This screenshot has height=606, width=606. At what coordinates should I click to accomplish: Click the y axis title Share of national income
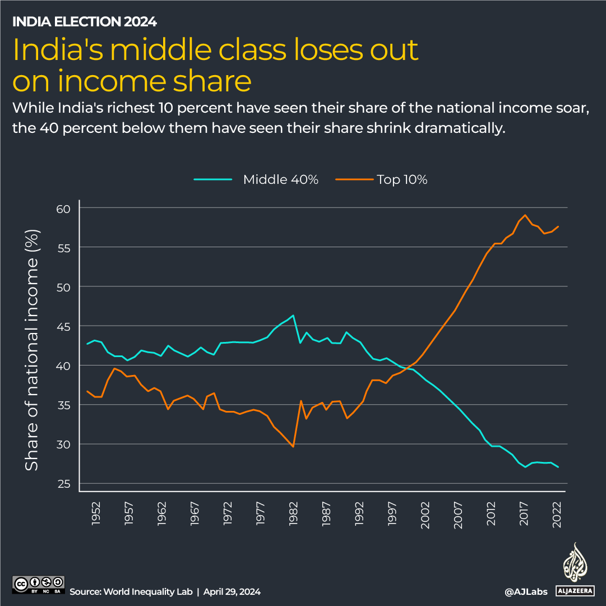pyautogui.click(x=33, y=350)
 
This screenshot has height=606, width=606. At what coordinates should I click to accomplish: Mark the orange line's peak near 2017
pyautogui.click(x=525, y=215)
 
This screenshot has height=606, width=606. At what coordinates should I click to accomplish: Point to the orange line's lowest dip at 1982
pyautogui.click(x=293, y=446)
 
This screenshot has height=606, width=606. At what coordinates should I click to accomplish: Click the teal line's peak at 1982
pyautogui.click(x=293, y=315)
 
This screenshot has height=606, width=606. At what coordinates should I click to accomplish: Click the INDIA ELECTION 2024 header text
pyautogui.click(x=84, y=22)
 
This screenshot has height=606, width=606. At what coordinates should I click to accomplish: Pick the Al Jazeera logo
pyautogui.click(x=574, y=569)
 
